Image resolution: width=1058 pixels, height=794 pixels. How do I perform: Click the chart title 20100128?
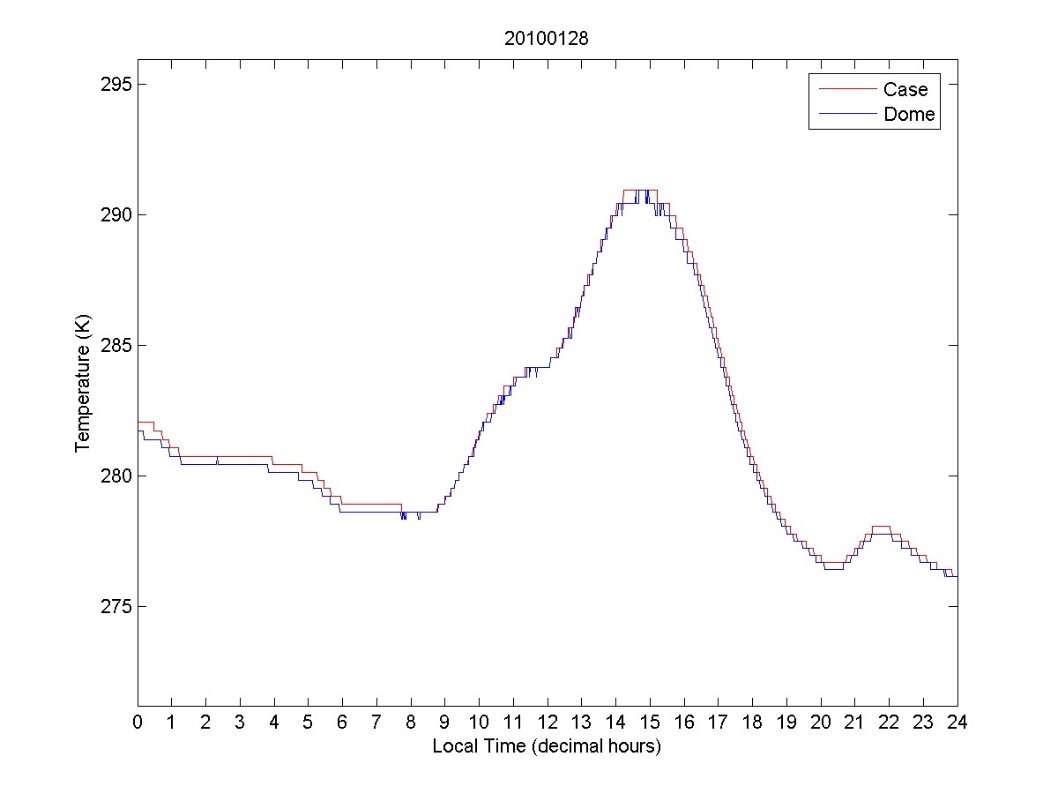(547, 38)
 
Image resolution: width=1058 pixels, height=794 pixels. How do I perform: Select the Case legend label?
(905, 89)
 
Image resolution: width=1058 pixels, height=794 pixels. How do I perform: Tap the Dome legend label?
(909, 114)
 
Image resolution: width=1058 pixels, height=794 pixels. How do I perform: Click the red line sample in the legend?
(847, 89)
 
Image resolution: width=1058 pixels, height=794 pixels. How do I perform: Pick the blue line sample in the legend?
(847, 114)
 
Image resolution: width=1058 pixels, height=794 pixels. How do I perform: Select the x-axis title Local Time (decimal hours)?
(547, 746)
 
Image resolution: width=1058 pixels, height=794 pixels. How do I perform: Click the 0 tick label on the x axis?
(138, 722)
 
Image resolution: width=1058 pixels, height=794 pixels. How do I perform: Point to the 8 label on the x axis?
(411, 722)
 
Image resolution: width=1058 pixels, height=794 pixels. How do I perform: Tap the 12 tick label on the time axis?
(548, 722)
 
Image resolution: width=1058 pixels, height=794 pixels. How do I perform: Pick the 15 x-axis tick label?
(650, 722)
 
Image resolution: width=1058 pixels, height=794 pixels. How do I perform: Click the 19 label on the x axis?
(786, 722)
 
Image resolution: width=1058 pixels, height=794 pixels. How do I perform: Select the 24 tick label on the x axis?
(957, 722)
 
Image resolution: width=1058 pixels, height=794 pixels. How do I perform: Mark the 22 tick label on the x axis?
(889, 722)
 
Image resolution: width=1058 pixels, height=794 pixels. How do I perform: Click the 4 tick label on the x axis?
(274, 722)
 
